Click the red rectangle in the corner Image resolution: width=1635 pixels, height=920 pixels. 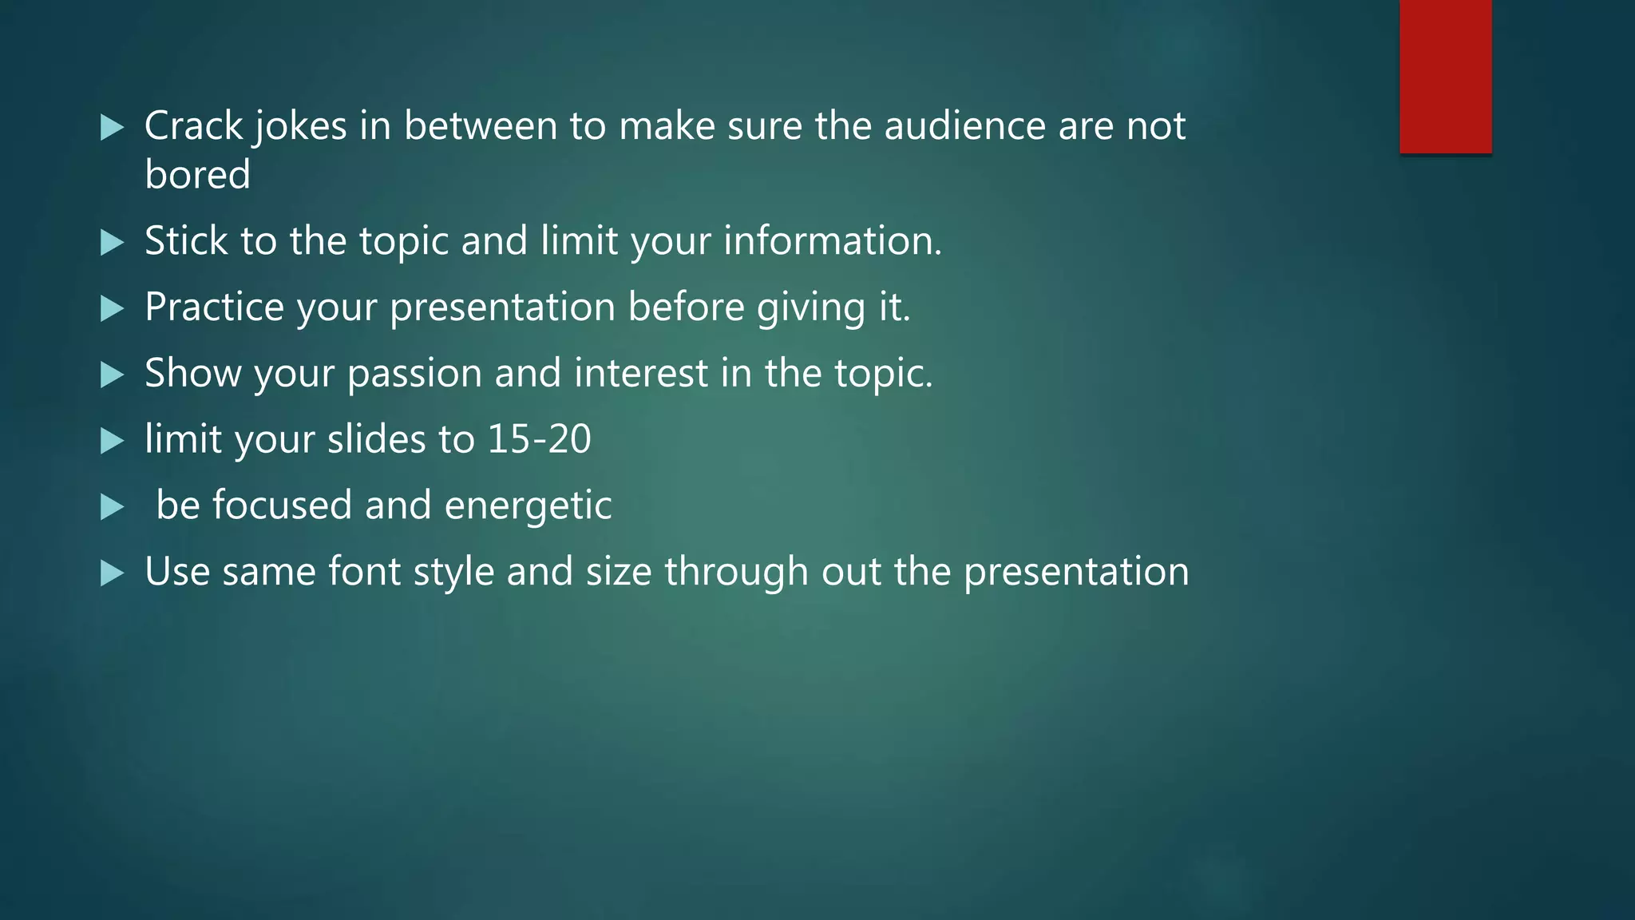[x=1445, y=77]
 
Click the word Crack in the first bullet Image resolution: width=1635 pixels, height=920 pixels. [x=193, y=126]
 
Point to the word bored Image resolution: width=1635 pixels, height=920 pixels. [x=197, y=175]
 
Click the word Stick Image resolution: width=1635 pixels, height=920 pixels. [x=186, y=241]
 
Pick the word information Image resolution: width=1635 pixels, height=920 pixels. [x=832, y=241]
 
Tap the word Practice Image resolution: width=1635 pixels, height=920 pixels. [x=214, y=307]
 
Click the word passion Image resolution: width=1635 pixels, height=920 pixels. [x=414, y=375]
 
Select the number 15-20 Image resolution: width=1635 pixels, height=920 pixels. [x=539, y=439]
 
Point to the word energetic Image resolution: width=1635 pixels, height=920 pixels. [x=528, y=506]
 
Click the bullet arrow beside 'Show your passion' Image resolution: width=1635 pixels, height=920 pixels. [x=113, y=375]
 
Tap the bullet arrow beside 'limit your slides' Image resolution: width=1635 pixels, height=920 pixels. [x=113, y=441]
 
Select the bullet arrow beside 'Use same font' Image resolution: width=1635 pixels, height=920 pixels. [x=113, y=573]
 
